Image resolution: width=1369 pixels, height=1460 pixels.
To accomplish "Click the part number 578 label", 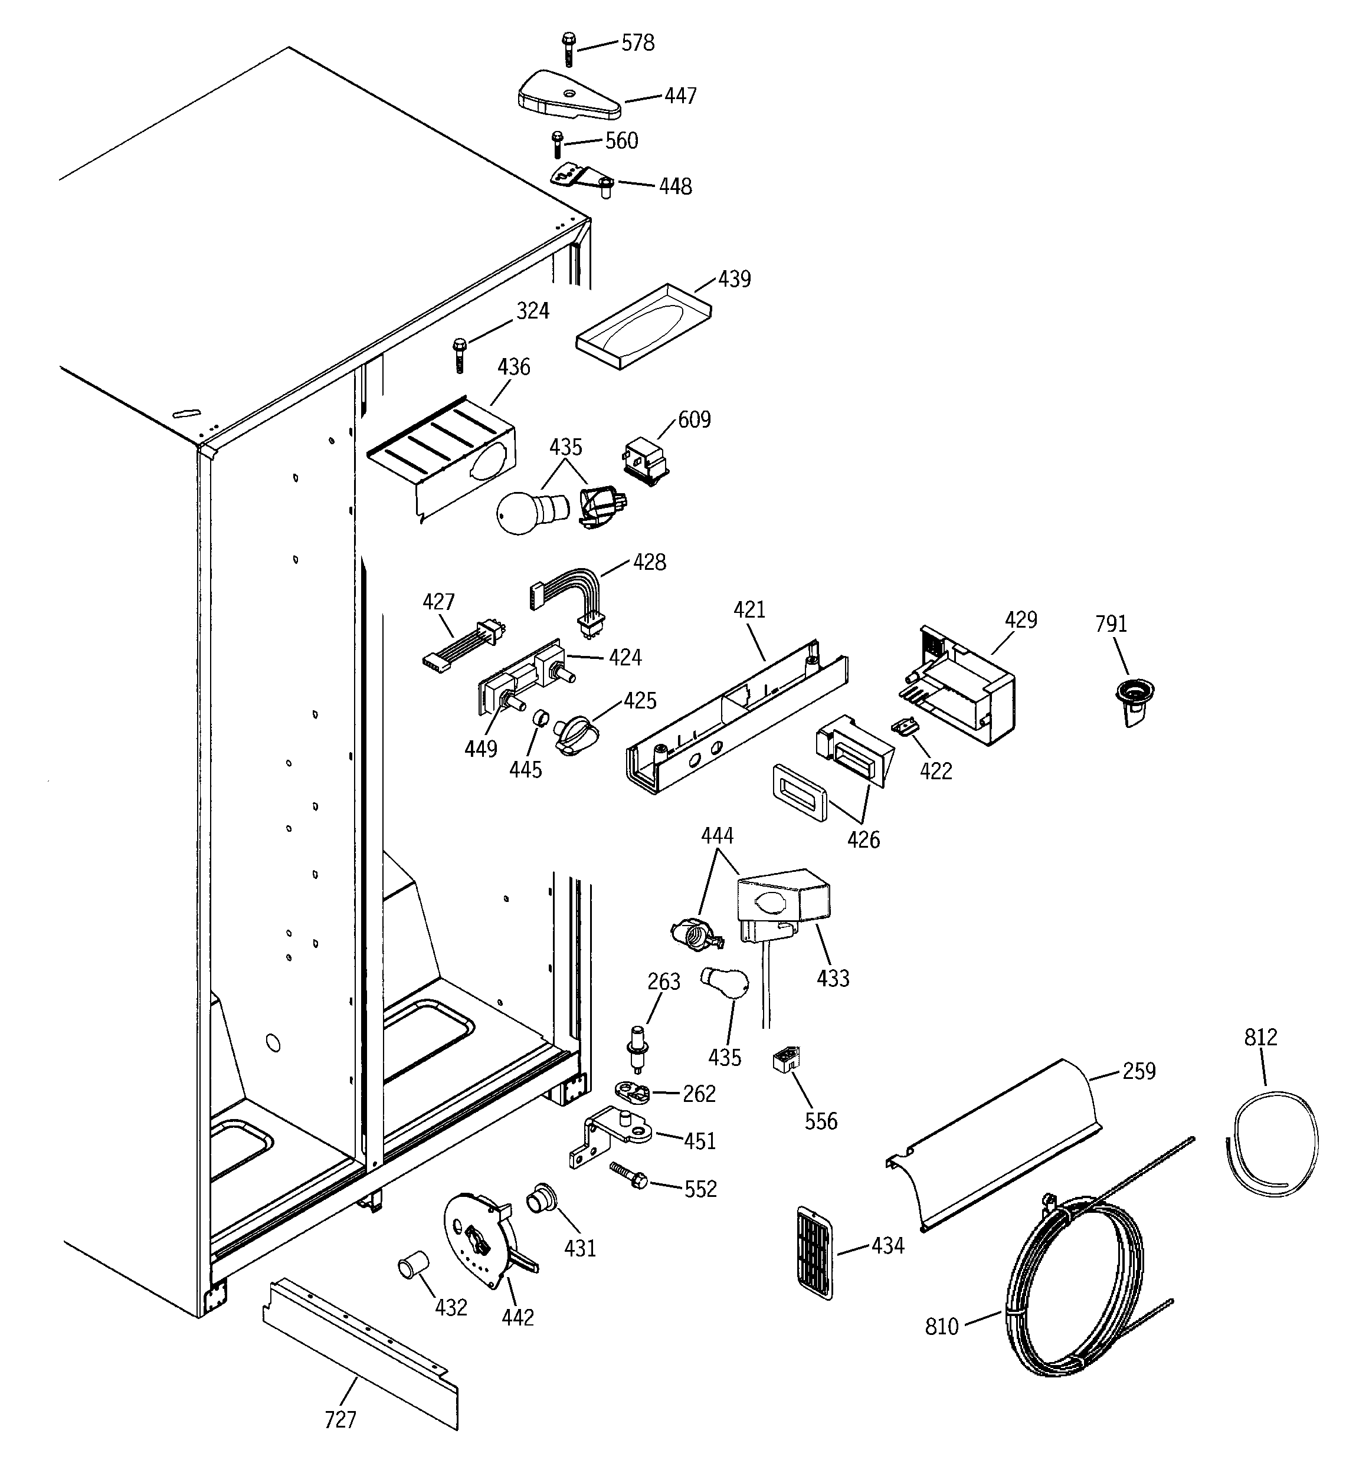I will click(x=637, y=43).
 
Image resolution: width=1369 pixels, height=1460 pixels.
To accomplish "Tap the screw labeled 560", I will click(x=557, y=145).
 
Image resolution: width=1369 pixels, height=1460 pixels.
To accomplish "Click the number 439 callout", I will click(x=734, y=279).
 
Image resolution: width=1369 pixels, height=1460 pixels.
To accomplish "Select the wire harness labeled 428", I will click(x=569, y=595).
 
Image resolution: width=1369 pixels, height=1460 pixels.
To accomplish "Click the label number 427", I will click(x=438, y=602).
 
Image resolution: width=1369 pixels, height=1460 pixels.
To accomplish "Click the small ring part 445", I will click(x=541, y=717).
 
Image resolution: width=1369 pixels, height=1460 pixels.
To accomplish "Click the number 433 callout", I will click(x=833, y=977).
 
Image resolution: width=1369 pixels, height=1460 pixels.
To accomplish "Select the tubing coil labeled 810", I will click(x=1073, y=1285).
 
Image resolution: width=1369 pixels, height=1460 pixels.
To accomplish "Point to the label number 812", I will click(x=1260, y=1037).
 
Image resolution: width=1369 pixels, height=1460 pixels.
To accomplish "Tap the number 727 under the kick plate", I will click(x=340, y=1420).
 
